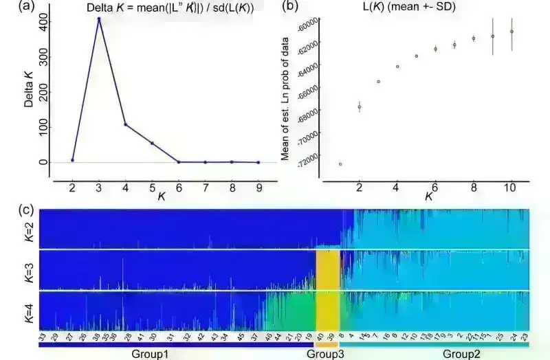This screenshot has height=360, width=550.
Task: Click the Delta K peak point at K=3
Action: tap(99, 19)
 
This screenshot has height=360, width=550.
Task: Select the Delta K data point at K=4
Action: tap(125, 124)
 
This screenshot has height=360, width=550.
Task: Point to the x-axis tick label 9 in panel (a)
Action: tap(258, 187)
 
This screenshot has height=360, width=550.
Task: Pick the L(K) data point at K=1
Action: tap(340, 164)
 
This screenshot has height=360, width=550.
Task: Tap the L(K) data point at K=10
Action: tap(511, 32)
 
